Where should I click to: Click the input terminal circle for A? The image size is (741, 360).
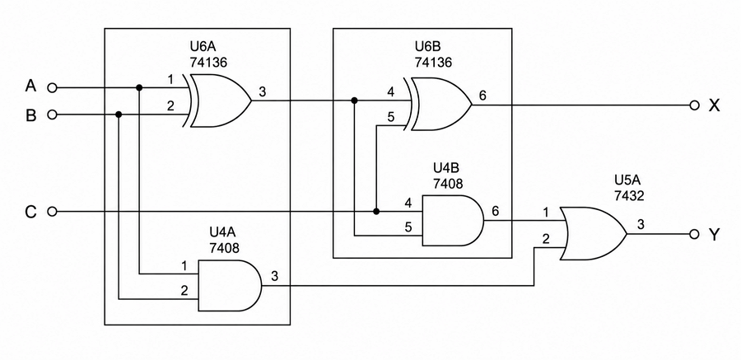(53, 87)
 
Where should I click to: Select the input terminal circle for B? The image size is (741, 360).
(53, 115)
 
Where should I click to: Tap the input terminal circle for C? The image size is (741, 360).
(53, 212)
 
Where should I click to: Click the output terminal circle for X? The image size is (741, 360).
(694, 105)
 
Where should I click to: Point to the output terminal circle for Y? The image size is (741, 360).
(694, 234)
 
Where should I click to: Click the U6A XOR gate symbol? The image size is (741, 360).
(219, 101)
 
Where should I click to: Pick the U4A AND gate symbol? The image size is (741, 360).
(230, 285)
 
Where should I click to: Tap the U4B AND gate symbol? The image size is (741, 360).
(453, 221)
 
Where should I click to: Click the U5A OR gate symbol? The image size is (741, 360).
(593, 234)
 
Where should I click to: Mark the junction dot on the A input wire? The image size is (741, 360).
(139, 87)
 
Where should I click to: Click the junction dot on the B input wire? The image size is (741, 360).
(119, 115)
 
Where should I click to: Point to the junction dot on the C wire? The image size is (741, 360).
(376, 211)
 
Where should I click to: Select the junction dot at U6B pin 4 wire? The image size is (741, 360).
(354, 101)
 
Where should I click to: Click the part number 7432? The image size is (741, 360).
(629, 195)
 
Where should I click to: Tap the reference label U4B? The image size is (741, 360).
(446, 168)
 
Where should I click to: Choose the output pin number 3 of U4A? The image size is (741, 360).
(274, 276)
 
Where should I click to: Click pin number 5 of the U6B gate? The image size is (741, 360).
(390, 117)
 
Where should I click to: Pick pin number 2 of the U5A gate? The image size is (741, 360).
(546, 239)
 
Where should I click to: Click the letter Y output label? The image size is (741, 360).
(714, 234)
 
